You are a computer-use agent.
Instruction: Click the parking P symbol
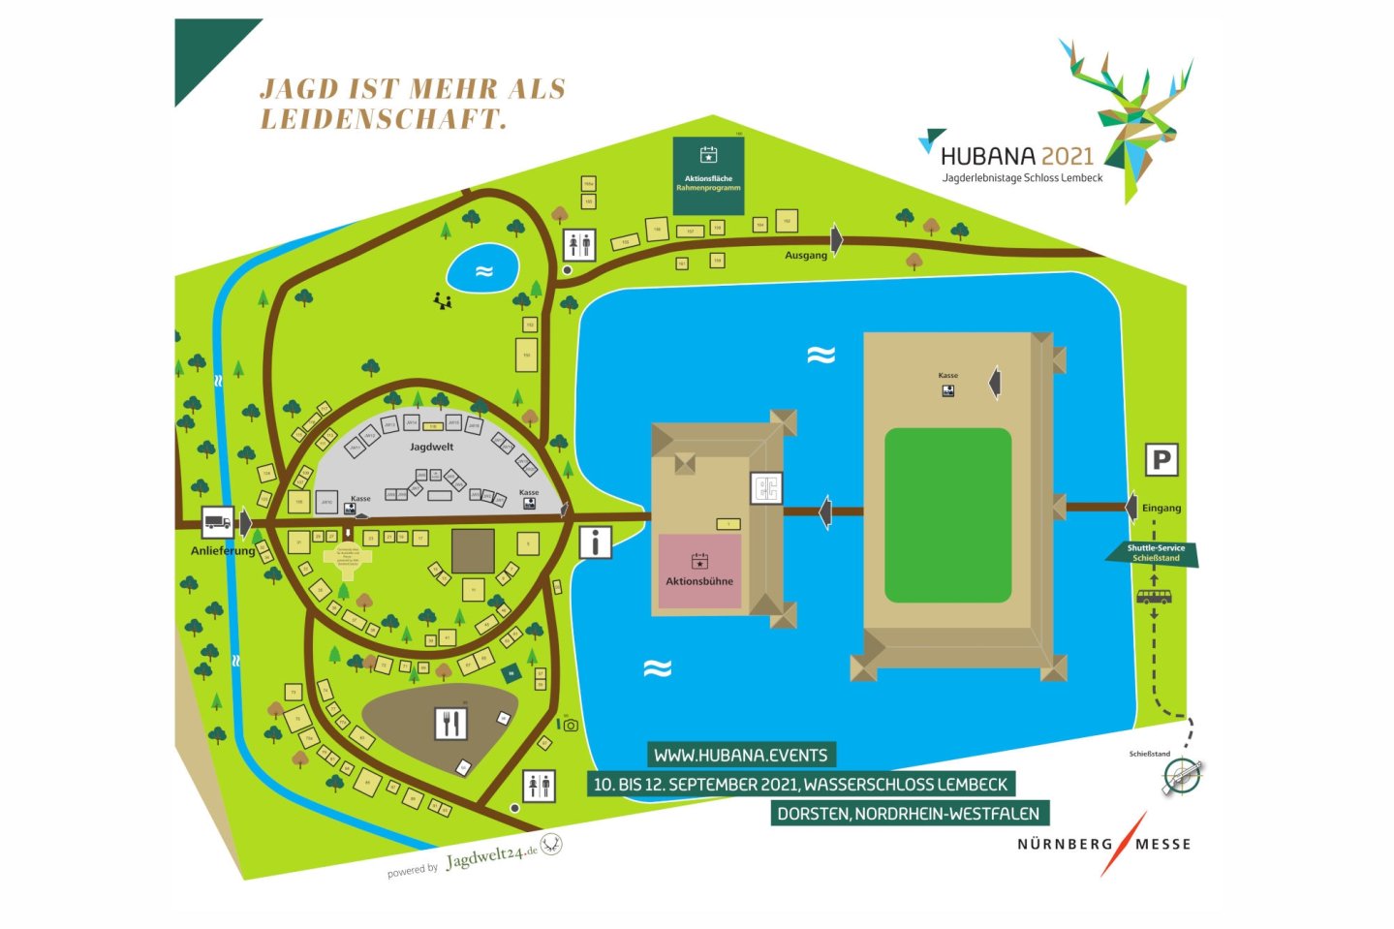pyautogui.click(x=1162, y=459)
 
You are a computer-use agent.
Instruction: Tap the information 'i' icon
pyautogui.click(x=596, y=542)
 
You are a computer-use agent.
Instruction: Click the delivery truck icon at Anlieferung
pyautogui.click(x=218, y=522)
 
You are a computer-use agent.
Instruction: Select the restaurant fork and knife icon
pyautogui.click(x=450, y=723)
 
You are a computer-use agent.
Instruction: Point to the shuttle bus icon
pyautogui.click(x=1153, y=597)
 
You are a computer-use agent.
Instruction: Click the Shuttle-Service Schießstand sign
pyautogui.click(x=1155, y=553)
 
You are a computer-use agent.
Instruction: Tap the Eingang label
pyautogui.click(x=1161, y=508)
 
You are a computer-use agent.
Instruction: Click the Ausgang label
pyautogui.click(x=806, y=255)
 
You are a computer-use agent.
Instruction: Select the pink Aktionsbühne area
pyautogui.click(x=699, y=571)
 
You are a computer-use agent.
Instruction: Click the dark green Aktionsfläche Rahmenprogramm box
pyautogui.click(x=708, y=175)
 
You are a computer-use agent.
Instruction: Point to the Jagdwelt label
pyautogui.click(x=431, y=447)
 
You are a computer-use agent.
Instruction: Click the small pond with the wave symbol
pyautogui.click(x=483, y=270)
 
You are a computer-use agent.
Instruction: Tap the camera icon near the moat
pyautogui.click(x=571, y=725)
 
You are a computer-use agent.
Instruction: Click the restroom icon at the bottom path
pyautogui.click(x=539, y=786)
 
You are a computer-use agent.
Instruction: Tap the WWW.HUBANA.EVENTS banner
pyautogui.click(x=741, y=755)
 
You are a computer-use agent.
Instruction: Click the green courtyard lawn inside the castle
pyautogui.click(x=947, y=514)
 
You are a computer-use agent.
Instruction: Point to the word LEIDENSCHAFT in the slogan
pyautogui.click(x=384, y=119)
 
